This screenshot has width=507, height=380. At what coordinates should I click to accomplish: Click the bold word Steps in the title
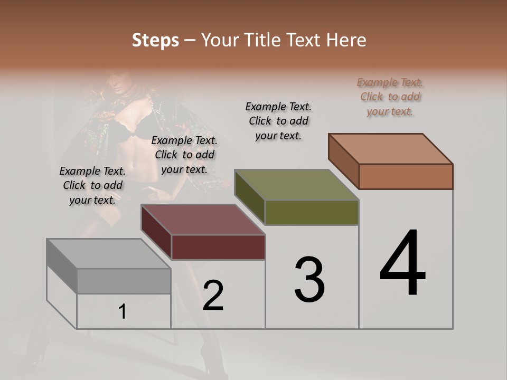[155, 40]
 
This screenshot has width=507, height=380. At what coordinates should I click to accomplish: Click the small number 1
[123, 311]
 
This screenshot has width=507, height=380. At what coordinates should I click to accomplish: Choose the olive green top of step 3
[296, 185]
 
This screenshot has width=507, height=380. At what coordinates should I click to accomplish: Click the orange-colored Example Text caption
[390, 97]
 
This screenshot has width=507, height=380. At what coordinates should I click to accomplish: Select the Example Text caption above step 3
[278, 121]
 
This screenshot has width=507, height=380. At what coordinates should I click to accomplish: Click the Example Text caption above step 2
[184, 155]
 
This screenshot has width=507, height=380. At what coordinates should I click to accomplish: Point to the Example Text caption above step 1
[92, 185]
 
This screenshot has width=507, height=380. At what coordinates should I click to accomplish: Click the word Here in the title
[346, 40]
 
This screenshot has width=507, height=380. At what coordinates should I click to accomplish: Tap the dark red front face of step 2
[218, 247]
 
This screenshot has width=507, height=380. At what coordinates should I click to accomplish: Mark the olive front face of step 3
[312, 212]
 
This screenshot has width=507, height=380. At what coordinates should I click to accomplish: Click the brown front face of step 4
[406, 176]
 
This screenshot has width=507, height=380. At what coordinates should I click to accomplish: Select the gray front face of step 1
[124, 281]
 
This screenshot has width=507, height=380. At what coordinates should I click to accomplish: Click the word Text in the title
[305, 40]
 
